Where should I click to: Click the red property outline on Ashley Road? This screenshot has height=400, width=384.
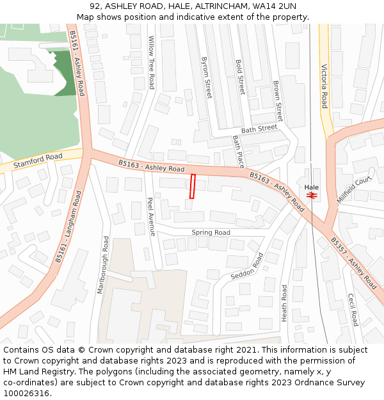[192, 186]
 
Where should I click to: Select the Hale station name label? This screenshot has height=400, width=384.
[312, 188]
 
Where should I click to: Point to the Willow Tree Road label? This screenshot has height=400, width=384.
[152, 63]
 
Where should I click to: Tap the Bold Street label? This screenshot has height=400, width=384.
[240, 77]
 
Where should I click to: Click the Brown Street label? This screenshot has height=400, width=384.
[277, 101]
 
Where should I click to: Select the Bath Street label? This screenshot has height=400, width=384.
[259, 129]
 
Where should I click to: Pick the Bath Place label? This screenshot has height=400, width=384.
[239, 151]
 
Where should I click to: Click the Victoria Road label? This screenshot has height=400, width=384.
[324, 86]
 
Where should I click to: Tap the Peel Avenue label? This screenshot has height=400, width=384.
[151, 216]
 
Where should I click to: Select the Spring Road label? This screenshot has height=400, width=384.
[211, 232]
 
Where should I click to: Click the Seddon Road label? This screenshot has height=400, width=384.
[246, 266]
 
